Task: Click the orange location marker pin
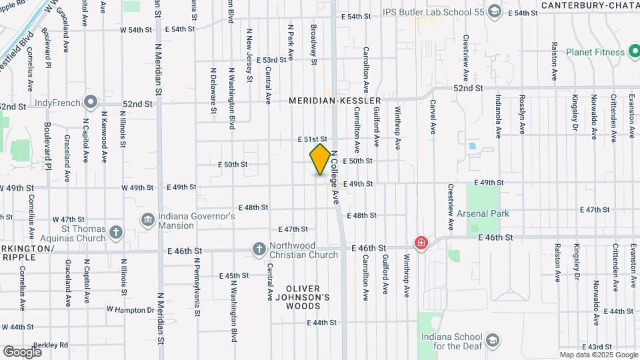click(320, 159)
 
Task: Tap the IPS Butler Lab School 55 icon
click(494, 11)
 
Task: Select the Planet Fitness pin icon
click(635, 52)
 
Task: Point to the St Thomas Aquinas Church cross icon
click(117, 233)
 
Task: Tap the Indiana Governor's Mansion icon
click(147, 219)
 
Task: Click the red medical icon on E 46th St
click(421, 243)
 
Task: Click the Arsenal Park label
click(483, 214)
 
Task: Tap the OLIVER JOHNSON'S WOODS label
click(308, 297)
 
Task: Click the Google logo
click(23, 351)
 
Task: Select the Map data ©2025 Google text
click(598, 355)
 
